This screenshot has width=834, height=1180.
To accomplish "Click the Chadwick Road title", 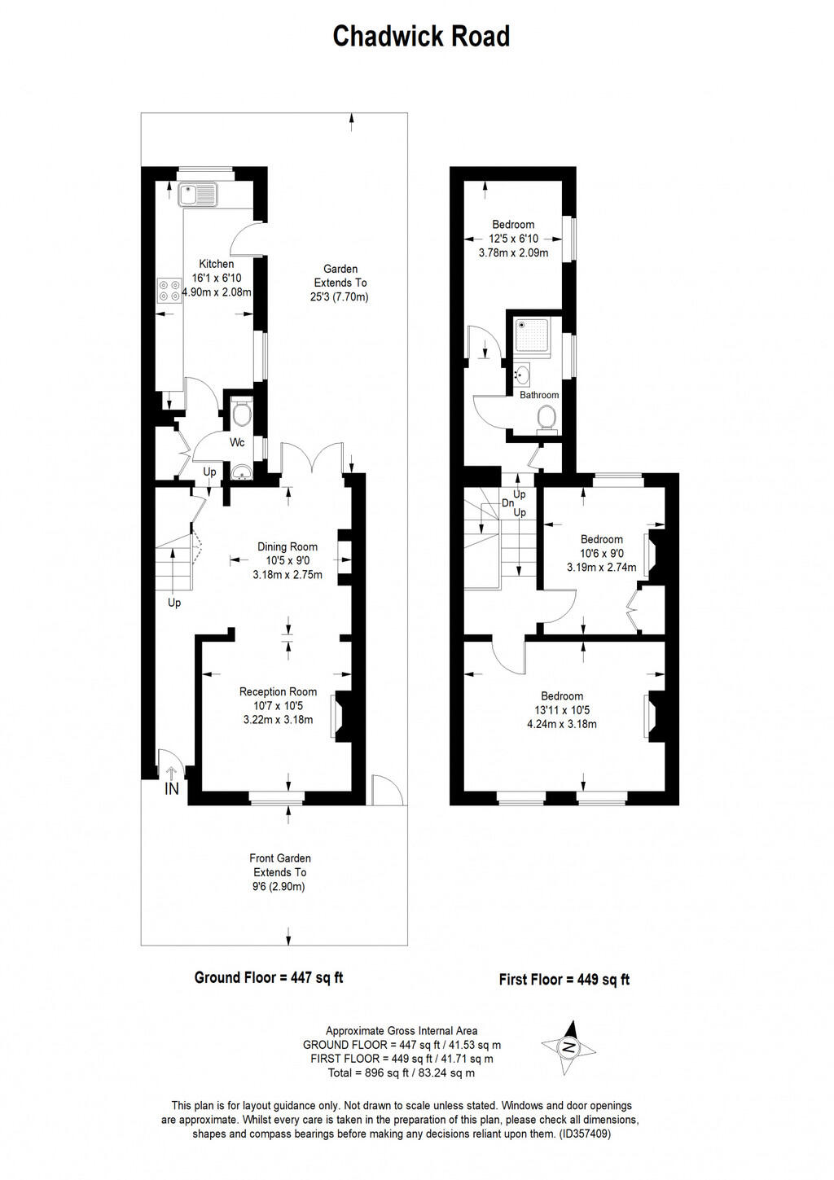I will point(421,37).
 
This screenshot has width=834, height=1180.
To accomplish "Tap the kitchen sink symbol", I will point(198,194).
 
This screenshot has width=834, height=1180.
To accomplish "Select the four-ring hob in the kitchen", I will point(169,291).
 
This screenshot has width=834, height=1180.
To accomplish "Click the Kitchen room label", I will point(217,264).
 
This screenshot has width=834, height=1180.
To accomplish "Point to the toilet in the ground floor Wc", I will point(241,415).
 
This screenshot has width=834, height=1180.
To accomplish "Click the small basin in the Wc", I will point(241,473).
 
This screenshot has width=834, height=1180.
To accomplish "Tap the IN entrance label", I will point(172,789).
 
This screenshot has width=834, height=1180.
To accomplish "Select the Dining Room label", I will point(288,546).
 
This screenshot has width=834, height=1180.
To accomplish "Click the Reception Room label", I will point(278,691).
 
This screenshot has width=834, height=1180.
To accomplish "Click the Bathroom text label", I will point(539,395).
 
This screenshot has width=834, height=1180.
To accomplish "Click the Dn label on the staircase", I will point(507,503).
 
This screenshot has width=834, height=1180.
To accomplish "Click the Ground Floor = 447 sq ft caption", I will point(269,977).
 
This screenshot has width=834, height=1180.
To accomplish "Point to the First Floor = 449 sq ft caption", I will point(564,979).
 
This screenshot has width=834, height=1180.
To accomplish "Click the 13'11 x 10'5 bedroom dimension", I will point(562,710).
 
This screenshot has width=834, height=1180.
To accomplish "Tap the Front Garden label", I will point(280,858).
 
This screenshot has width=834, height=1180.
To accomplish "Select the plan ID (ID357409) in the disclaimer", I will point(585,1133).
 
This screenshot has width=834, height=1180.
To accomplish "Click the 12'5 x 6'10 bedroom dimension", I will point(513,239).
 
